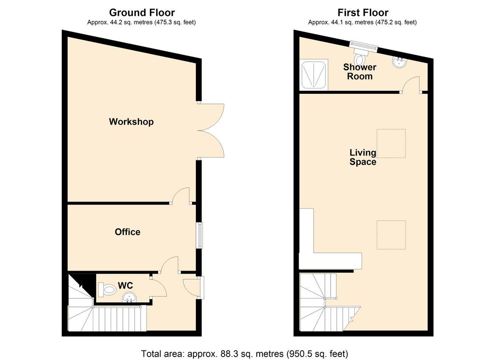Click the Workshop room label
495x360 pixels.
pos(131,122)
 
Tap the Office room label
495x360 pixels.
pos(128,232)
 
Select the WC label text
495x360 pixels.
pos(125,285)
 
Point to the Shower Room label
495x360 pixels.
pos(360,72)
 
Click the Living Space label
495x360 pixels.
pos(363,157)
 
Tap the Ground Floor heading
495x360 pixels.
pos(142,13)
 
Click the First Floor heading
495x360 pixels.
pos(363,13)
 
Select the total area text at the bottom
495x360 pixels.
pos(244,353)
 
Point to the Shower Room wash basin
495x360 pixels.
pos(400,62)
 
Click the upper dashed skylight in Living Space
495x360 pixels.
pos(391,143)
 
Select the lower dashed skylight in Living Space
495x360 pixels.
pos(391,235)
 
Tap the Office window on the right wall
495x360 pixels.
pos(200,235)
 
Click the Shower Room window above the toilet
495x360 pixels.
pos(364,46)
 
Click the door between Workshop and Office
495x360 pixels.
pos(181,196)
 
